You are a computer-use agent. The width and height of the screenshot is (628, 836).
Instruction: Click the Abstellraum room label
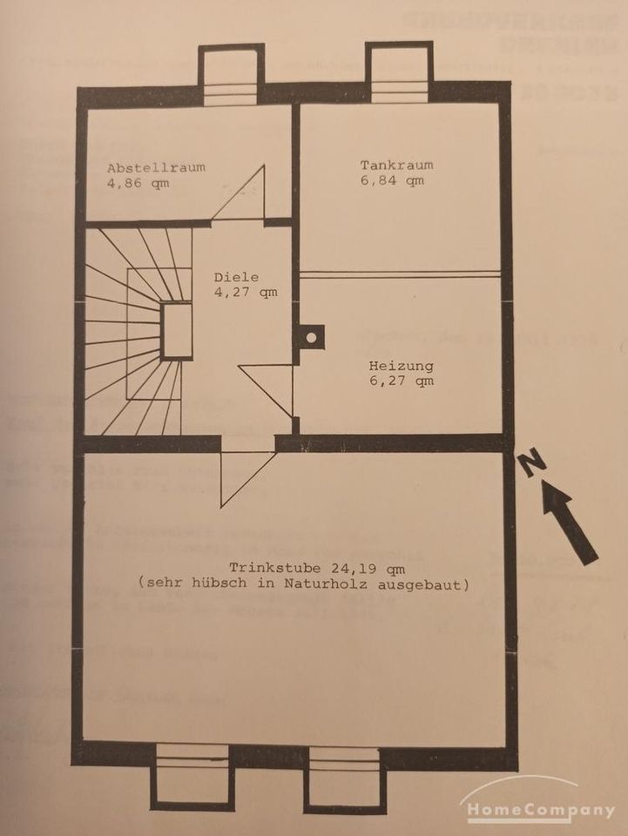coord(156,167)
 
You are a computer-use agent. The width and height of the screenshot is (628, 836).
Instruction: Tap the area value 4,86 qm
coord(138,184)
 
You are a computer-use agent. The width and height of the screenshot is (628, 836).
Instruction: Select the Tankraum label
coord(396,165)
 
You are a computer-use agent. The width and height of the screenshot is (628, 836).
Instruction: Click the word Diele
coord(236,278)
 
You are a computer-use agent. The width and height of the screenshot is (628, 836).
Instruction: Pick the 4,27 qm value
coord(246,293)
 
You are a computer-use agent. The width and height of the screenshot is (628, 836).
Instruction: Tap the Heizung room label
coord(401,366)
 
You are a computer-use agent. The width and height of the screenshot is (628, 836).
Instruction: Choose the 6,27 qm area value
coord(401,381)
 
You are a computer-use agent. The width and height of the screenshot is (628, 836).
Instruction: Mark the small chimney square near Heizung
coord(310,336)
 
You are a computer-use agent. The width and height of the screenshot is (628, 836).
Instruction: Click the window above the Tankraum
coord(398,74)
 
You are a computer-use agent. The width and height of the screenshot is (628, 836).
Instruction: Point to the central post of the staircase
coord(176,330)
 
